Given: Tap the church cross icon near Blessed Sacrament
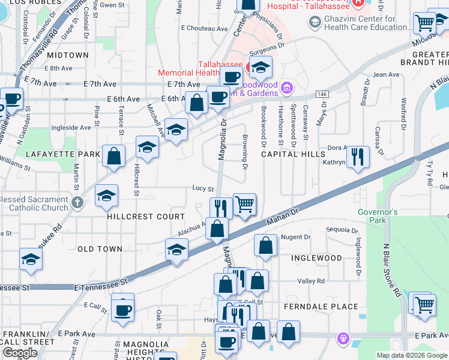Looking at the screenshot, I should (x=77, y=202).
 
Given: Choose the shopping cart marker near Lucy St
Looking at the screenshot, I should (x=244, y=204).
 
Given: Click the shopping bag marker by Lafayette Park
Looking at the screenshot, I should (x=114, y=156).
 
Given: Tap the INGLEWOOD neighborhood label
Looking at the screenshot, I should (x=316, y=258).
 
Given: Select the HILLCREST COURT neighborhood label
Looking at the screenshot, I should (x=146, y=217).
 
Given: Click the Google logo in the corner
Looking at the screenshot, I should (x=20, y=353).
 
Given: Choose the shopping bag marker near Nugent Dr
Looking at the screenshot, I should (x=265, y=245).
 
